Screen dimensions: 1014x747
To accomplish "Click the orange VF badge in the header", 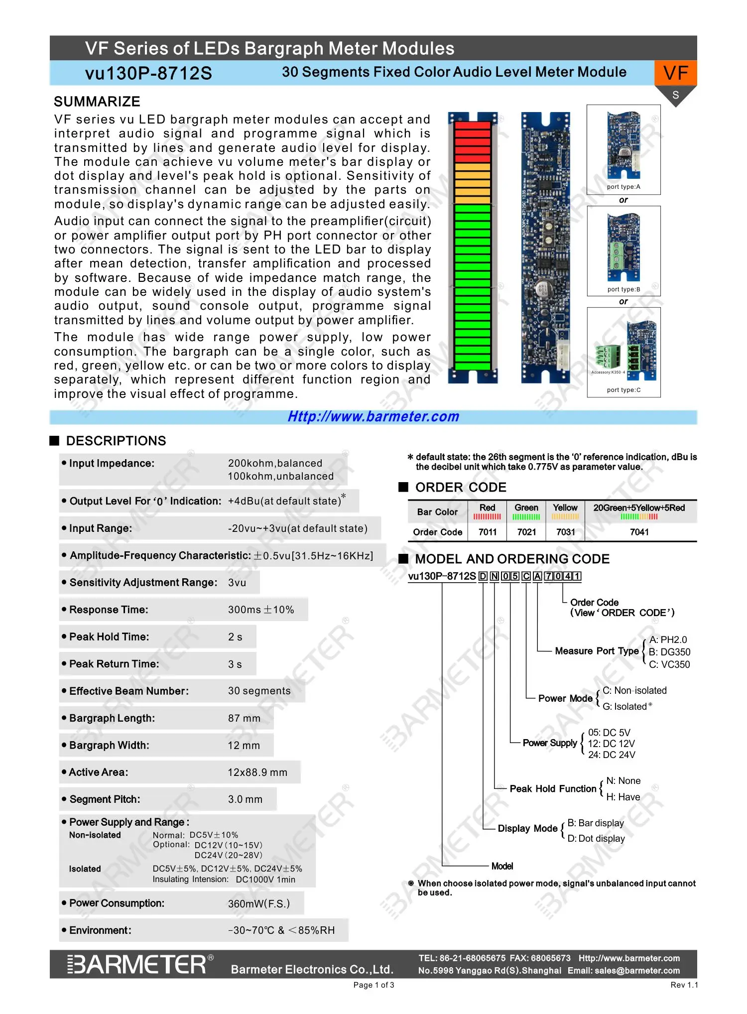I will click(675, 73).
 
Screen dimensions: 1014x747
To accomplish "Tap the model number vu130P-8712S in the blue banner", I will click(148, 73).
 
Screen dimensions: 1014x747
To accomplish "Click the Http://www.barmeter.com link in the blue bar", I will click(373, 416).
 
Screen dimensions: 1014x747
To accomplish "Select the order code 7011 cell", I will click(488, 532).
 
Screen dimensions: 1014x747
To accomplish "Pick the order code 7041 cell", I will click(639, 532).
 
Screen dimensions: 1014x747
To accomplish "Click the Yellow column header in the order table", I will click(565, 507).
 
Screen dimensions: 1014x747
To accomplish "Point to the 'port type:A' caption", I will click(623, 187).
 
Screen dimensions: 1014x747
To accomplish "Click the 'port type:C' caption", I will click(623, 390).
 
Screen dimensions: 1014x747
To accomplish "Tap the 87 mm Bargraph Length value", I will click(244, 718).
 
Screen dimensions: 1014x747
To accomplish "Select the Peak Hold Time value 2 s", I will click(235, 637).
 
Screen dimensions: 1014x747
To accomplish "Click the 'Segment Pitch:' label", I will click(105, 799).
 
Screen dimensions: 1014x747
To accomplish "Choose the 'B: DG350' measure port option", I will click(669, 652).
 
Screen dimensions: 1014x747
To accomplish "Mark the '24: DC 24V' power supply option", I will click(612, 755).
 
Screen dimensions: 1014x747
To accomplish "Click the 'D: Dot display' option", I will click(596, 838).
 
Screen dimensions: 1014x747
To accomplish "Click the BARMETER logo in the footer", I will click(140, 964).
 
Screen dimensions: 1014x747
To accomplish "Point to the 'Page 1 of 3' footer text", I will click(373, 985).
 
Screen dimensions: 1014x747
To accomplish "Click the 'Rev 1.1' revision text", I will click(684, 985).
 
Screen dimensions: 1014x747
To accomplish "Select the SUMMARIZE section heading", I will click(97, 102).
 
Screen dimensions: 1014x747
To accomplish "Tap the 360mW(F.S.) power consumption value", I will click(259, 903).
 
